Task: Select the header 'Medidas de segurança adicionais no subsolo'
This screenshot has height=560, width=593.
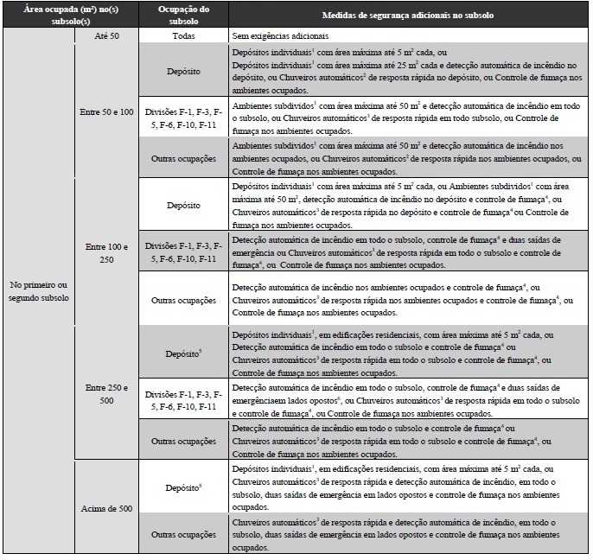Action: [x=409, y=15]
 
